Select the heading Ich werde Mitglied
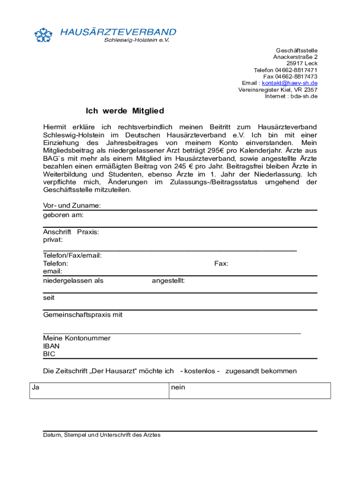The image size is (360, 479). (x=124, y=111)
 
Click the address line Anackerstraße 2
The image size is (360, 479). (x=295, y=57)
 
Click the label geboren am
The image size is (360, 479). (x=64, y=215)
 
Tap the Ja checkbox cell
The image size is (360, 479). (x=99, y=391)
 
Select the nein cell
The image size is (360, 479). (x=250, y=391)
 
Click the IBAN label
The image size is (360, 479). (x=51, y=346)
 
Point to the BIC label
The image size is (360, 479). (x=49, y=354)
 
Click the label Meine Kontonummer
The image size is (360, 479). (x=77, y=338)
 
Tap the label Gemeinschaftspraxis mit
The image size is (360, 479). (x=83, y=315)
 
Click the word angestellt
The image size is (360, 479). (x=168, y=281)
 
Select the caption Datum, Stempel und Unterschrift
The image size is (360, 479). (x=101, y=435)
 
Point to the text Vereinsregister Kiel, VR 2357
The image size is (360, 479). (x=278, y=90)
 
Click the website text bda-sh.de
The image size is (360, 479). (x=304, y=96)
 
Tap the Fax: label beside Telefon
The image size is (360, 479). (x=221, y=264)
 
